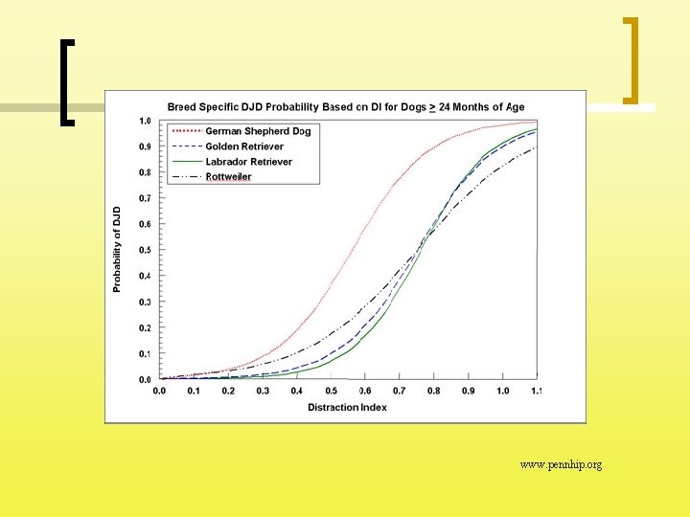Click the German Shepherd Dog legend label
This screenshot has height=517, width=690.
click(258, 131)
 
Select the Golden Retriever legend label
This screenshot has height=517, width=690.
click(244, 146)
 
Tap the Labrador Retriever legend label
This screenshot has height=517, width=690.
click(248, 162)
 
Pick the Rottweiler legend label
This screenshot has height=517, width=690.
click(228, 177)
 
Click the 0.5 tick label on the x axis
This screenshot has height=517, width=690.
click(331, 391)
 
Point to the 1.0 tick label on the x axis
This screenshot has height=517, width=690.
click(502, 391)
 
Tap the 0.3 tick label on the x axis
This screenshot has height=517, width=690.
click(263, 391)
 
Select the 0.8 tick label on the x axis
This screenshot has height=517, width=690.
click(434, 391)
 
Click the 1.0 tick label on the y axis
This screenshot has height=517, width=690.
click(146, 121)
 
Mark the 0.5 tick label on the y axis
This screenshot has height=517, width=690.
click(146, 250)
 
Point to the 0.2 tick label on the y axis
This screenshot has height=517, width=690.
click(146, 328)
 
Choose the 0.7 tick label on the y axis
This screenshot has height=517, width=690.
click(146, 198)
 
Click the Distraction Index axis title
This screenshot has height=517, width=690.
click(347, 408)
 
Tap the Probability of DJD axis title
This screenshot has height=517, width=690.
click(117, 250)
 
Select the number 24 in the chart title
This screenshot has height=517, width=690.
click(444, 107)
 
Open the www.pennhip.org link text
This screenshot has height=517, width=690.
click(561, 464)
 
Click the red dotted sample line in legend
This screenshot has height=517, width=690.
click(188, 131)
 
